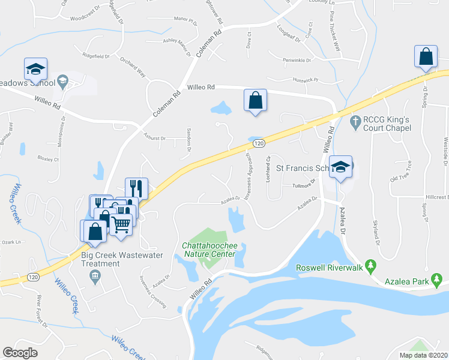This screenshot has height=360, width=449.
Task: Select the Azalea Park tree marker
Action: (x=439, y=278)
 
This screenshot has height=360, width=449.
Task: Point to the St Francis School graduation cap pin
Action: (x=340, y=167)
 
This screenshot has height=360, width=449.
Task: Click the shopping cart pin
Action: (x=121, y=224)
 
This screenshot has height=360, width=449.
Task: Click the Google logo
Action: (x=20, y=353)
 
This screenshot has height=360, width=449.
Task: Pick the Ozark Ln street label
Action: (x=11, y=242)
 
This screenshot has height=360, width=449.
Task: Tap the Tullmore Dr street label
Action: (x=304, y=186)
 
